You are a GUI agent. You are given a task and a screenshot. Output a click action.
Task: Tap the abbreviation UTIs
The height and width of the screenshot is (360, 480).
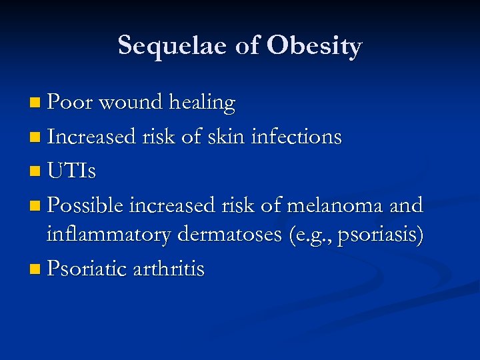(x=71, y=172)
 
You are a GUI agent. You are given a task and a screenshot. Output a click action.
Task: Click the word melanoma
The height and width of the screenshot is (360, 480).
(x=335, y=205)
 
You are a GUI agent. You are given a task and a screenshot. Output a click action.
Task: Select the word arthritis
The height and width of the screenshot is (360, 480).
(x=169, y=269)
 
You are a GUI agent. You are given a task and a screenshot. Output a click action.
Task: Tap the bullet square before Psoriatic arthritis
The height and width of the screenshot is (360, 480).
(x=35, y=271)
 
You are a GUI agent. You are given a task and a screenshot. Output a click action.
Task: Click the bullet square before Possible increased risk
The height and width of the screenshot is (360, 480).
(x=35, y=206)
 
